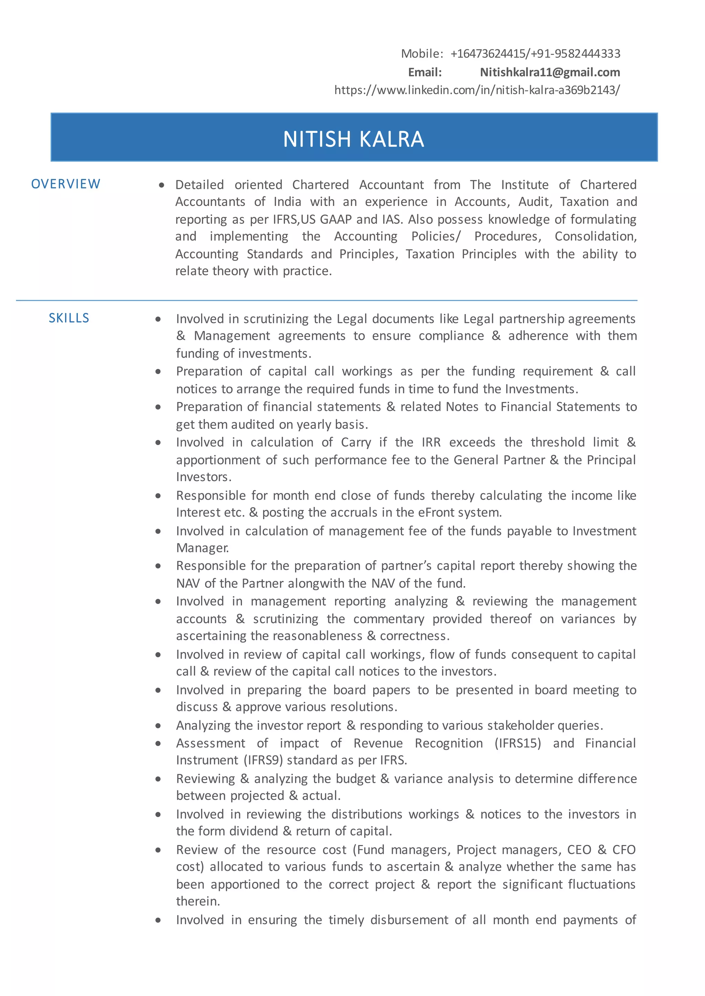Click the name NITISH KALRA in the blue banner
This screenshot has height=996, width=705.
[354, 139]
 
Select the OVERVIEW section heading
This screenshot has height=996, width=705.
[65, 184]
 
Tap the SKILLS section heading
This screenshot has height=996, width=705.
[69, 318]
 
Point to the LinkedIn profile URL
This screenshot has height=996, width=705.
[477, 90]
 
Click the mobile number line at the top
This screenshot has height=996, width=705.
[511, 53]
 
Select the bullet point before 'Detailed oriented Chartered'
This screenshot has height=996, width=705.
[161, 185]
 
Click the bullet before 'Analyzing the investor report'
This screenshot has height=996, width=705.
[158, 726]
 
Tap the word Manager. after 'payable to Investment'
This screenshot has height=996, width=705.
[202, 548]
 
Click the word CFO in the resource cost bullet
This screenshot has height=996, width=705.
[623, 849]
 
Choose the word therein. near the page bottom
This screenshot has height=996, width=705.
[198, 901]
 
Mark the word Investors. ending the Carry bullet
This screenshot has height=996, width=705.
[203, 477]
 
